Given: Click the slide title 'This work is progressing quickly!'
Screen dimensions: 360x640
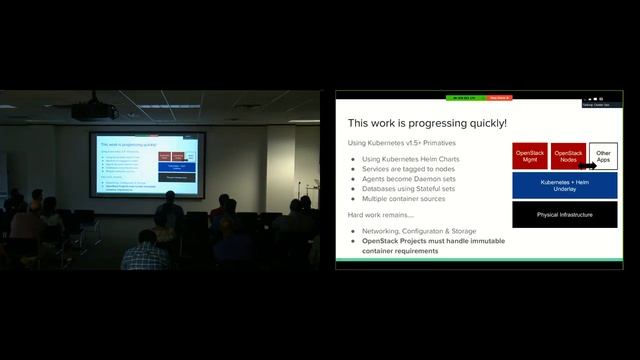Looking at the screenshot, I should coord(427,123).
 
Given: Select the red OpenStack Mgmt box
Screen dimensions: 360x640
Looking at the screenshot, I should coord(530,156).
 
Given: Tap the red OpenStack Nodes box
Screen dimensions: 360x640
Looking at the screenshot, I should coord(568,156).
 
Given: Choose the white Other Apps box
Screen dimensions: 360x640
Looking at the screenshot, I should coord(603,156).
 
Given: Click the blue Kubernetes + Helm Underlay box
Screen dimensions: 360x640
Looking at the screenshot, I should coord(566,185).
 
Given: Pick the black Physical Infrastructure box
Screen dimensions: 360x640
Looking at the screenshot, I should coord(566,214).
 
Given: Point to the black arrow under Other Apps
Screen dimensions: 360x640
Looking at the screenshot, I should coord(588,167).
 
